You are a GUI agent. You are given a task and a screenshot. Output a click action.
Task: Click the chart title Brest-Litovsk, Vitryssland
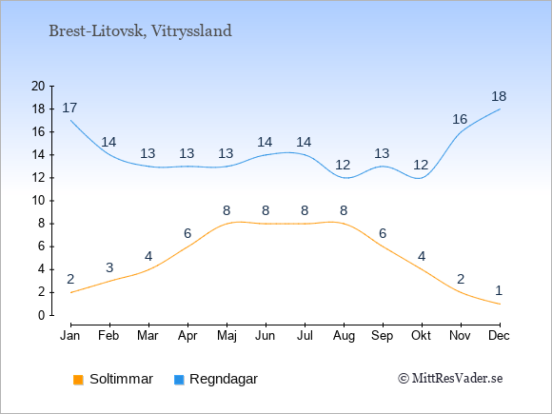coord(140,31)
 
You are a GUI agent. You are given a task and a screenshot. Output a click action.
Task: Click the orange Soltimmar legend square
coord(78,380)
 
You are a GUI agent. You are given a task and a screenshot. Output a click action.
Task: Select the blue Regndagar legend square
coord(179,380)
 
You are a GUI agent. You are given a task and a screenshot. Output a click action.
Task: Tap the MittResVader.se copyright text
coord(450,379)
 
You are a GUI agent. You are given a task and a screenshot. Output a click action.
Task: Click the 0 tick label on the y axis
coord(42,315)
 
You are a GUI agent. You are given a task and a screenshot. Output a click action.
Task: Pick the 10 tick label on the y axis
coord(38,201)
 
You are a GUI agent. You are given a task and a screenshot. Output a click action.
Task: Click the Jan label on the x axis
coord(70,336)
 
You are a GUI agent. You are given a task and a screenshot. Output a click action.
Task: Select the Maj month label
coord(227,336)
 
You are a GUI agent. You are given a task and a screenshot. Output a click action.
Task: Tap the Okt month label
coord(421,336)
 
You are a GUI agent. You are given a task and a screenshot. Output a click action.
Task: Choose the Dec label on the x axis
coord(500,336)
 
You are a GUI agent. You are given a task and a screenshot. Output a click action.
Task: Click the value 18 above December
coord(499,96)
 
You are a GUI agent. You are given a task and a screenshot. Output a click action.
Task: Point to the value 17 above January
coord(69,108)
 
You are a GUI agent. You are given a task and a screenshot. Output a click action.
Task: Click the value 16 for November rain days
coord(460,120)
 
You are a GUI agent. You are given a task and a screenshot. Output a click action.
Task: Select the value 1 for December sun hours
coord(499,291)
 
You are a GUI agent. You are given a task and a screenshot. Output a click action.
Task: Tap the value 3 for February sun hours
coord(109,267)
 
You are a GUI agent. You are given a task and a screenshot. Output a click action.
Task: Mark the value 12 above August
coord(343,165)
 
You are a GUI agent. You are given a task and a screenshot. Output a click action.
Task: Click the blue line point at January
coord(71,121)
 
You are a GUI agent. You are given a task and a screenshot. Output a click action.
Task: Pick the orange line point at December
coord(500,304)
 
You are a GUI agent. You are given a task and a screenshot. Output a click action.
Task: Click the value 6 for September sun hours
coord(383,233)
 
